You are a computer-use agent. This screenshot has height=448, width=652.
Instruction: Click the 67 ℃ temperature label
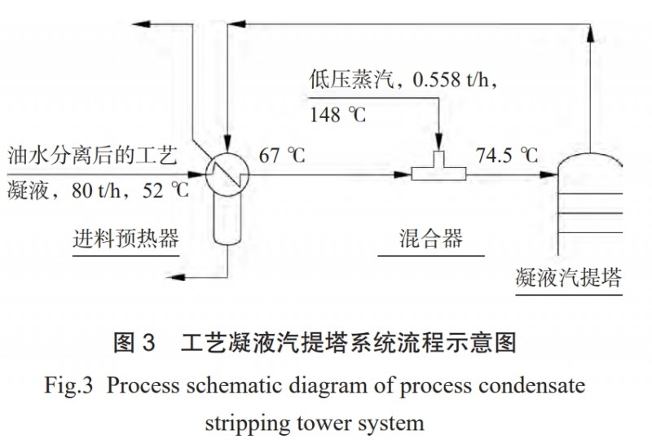coord(282,154)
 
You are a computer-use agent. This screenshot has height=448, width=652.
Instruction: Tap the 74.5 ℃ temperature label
coord(508,154)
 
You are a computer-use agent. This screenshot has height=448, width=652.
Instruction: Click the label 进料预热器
coord(125,239)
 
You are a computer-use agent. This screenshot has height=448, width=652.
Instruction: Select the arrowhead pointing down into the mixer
coord(437,143)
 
